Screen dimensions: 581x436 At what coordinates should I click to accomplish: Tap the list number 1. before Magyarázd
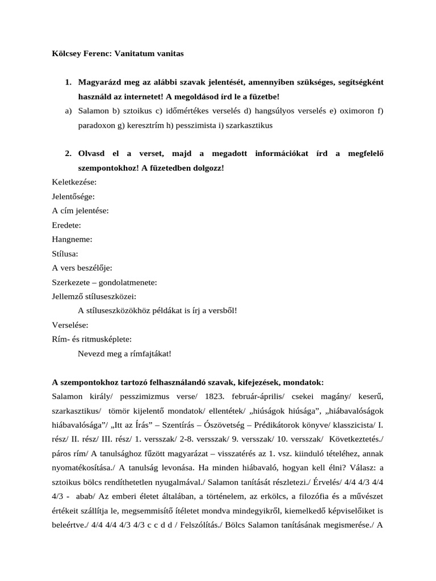[68, 83]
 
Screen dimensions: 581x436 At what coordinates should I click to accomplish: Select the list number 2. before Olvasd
[68, 154]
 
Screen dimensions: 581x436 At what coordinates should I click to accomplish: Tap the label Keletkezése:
[74, 182]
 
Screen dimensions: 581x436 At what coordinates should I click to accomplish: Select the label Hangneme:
[72, 239]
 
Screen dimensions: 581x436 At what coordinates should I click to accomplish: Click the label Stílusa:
[65, 254]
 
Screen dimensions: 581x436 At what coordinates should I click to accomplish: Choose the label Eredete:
[66, 225]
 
